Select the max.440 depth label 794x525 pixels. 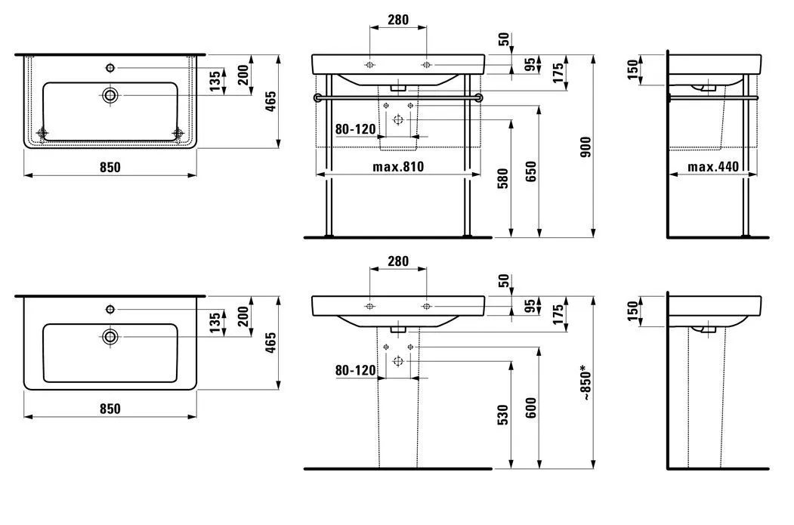(x=712, y=166)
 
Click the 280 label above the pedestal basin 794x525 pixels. (x=397, y=261)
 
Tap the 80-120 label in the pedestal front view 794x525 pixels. (x=355, y=370)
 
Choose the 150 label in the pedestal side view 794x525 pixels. (x=633, y=309)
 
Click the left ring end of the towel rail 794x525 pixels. (x=318, y=97)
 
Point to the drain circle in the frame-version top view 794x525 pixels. (x=111, y=95)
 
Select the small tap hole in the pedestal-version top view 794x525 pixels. (x=111, y=309)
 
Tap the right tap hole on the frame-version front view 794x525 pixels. (x=427, y=63)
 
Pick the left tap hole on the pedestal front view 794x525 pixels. (x=369, y=305)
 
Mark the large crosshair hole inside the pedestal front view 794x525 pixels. (x=398, y=362)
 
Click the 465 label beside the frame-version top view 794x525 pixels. (x=271, y=100)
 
